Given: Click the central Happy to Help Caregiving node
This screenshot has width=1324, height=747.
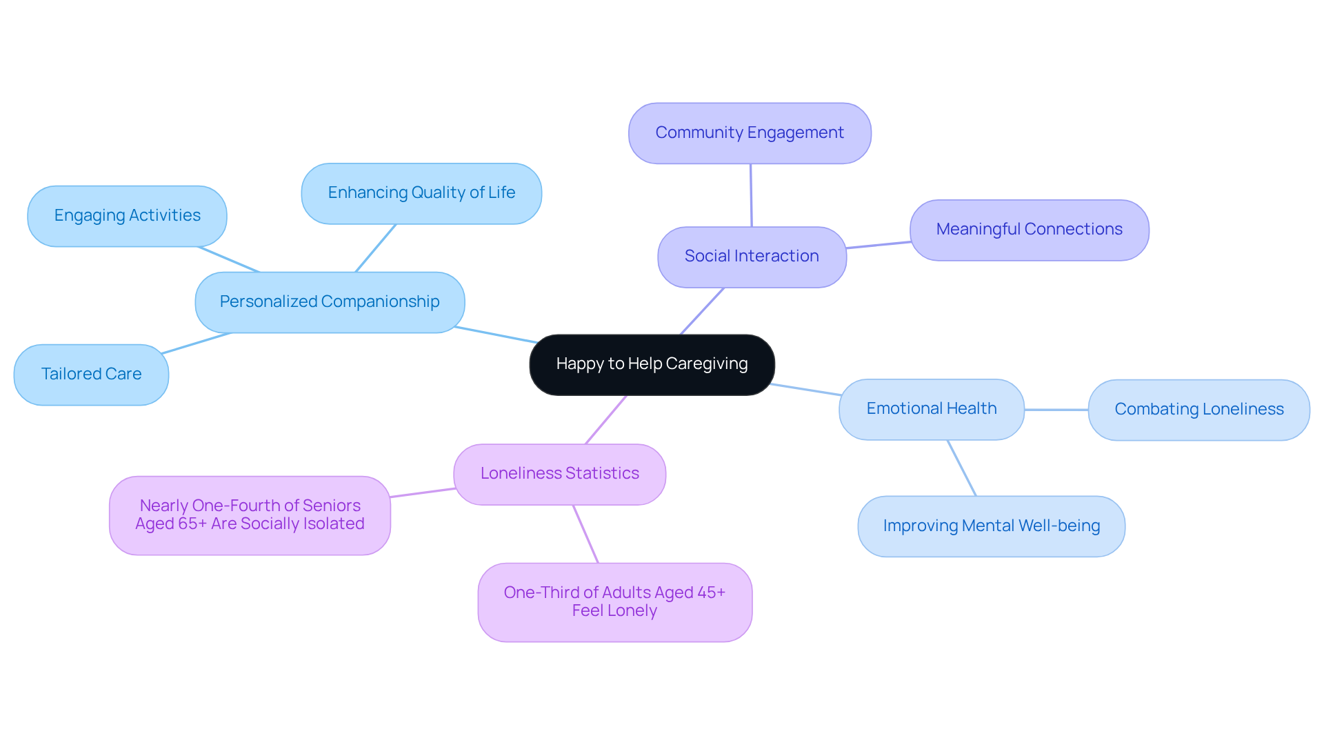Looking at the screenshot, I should point(652,364).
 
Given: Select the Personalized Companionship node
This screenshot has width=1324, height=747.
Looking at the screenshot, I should point(330,302).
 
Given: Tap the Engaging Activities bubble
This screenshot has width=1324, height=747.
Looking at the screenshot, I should point(127,216).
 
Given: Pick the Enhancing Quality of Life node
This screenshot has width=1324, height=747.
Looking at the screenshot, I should point(421,193).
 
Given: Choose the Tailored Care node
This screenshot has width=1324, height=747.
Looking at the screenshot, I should point(91,375).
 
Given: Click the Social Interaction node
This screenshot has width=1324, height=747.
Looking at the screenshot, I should point(752,257).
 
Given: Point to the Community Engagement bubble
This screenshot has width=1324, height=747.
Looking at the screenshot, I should point(750,133).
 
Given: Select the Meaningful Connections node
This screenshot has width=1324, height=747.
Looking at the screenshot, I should point(1029,230).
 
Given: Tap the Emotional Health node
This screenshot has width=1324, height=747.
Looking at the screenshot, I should point(931,409).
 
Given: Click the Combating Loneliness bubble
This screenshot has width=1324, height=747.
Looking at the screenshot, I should point(1198,410).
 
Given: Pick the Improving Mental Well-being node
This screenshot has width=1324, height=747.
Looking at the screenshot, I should point(991,526).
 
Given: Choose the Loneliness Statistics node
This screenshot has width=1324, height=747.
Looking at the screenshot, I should point(559,474).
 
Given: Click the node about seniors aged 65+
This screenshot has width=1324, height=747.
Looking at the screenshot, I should point(250,515).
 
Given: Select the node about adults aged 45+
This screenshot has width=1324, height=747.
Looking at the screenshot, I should point(614,602).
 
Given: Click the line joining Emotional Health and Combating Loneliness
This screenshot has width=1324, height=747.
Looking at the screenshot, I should point(1056,410).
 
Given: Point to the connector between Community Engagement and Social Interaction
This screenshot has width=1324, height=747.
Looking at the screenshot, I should point(751,195).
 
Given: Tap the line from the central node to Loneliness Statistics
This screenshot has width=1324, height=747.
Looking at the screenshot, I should point(606,419).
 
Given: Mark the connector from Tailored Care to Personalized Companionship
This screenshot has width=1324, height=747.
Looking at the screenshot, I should point(197,343).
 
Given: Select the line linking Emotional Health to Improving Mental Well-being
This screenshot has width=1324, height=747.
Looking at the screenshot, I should point(962,468).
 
